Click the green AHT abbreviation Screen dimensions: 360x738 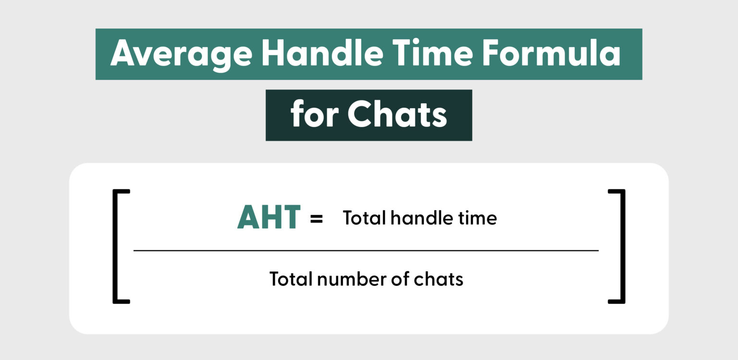(269, 218)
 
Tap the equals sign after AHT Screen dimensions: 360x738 (316, 219)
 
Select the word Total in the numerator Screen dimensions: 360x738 (364, 218)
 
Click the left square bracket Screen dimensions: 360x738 (116, 246)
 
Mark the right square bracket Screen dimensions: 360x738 (622, 246)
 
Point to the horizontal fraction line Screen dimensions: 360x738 (365, 250)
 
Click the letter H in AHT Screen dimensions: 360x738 (270, 218)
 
